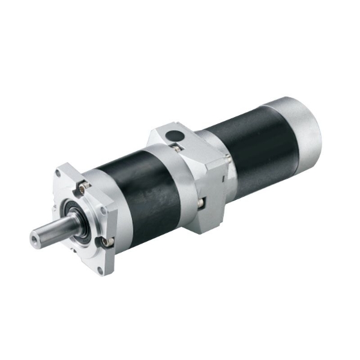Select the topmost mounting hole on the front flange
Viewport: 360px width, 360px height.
[x=58, y=173]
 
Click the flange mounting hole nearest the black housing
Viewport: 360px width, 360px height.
[x=106, y=211]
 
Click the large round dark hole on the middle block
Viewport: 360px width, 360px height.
[x=173, y=135]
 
